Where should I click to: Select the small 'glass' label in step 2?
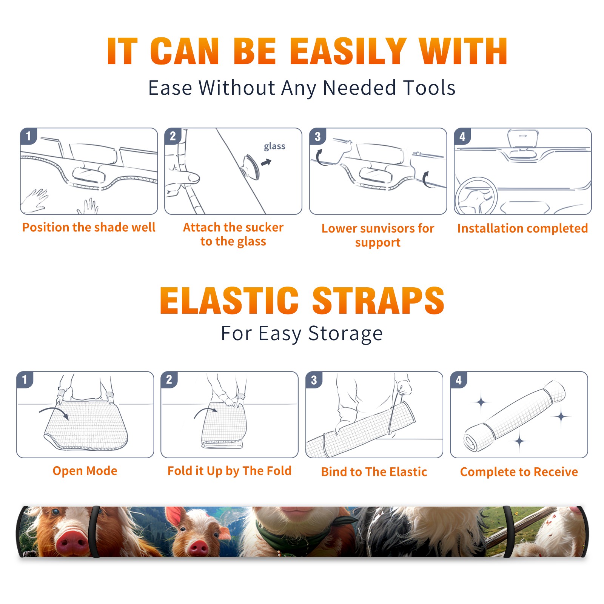pyautogui.click(x=274, y=146)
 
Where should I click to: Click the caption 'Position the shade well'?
pyautogui.click(x=89, y=227)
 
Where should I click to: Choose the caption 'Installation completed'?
pyautogui.click(x=522, y=228)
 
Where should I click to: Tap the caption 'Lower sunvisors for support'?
pyautogui.click(x=378, y=235)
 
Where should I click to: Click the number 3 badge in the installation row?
pyautogui.click(x=317, y=136)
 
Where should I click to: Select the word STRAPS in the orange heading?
pyautogui.click(x=378, y=300)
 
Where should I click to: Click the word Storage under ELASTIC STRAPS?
pyautogui.click(x=345, y=334)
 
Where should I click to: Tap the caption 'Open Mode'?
pyautogui.click(x=85, y=471)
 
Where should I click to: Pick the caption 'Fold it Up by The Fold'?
pyautogui.click(x=230, y=471)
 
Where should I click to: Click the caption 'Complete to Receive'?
pyautogui.click(x=519, y=472)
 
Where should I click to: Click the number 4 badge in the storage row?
pyautogui.click(x=459, y=380)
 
